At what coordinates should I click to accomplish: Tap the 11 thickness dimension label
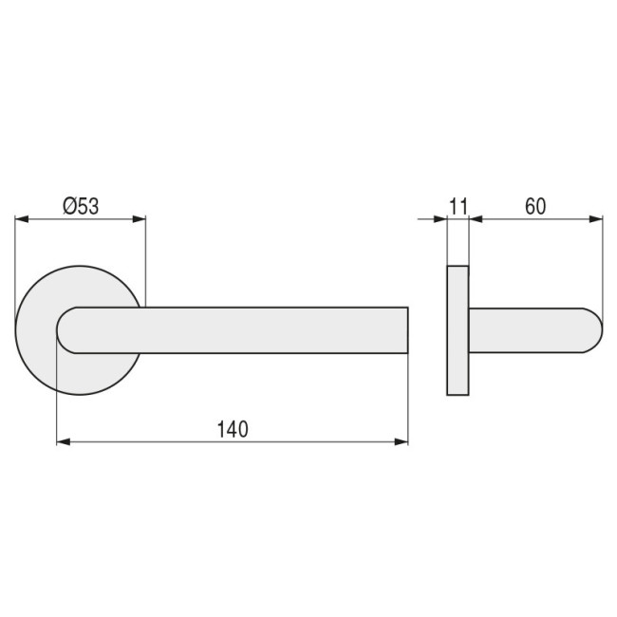coord(458,204)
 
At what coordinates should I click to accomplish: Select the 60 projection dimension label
coord(534,204)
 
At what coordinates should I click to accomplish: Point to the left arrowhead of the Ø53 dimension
coord(20,219)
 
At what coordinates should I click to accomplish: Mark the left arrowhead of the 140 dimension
coord(63,441)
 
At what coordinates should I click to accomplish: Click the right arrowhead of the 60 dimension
coord(597,219)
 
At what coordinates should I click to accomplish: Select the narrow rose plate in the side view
coord(457,329)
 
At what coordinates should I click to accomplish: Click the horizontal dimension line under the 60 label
coord(536,219)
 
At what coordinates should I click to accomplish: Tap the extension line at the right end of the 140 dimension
coord(408,399)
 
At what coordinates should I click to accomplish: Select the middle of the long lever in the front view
coord(237,330)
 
